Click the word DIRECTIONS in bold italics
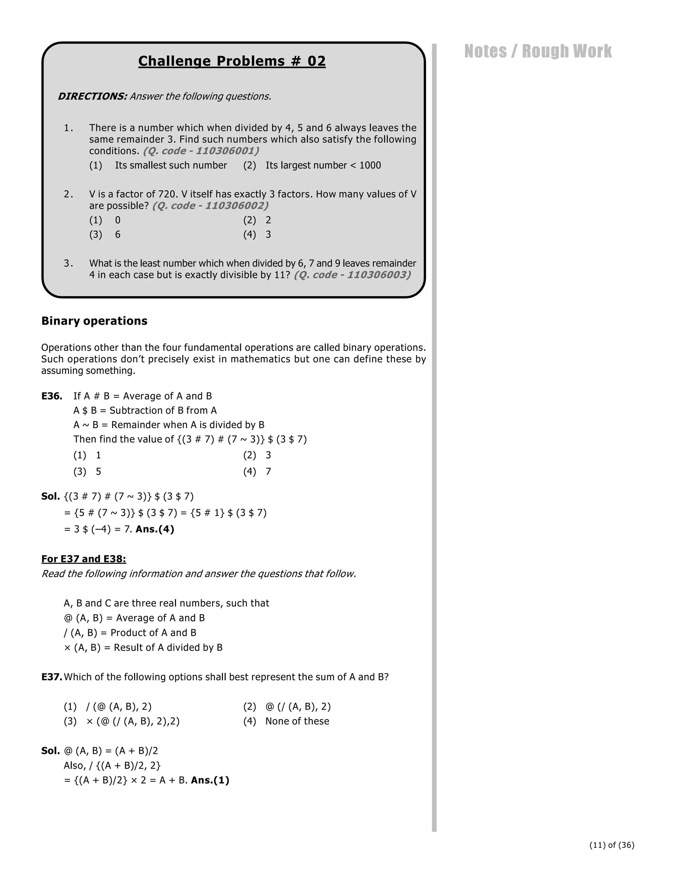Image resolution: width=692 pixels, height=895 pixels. [92, 96]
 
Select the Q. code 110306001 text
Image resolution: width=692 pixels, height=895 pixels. [201, 151]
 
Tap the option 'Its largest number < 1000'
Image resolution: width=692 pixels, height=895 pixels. [323, 165]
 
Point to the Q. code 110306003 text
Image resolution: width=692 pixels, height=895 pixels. [352, 275]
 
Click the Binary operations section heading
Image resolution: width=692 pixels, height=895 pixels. [94, 321]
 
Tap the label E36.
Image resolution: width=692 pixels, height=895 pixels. [52, 396]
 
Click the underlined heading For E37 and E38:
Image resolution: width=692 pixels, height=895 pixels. [84, 559]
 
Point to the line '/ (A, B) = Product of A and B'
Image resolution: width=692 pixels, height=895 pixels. [130, 632]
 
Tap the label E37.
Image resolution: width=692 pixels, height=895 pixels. [51, 676]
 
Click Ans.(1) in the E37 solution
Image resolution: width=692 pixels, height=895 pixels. [210, 780]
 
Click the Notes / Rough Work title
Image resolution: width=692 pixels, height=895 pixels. [538, 51]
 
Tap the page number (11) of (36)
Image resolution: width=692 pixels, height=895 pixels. [612, 845]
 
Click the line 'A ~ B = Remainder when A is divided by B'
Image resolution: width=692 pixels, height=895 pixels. [169, 425]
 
